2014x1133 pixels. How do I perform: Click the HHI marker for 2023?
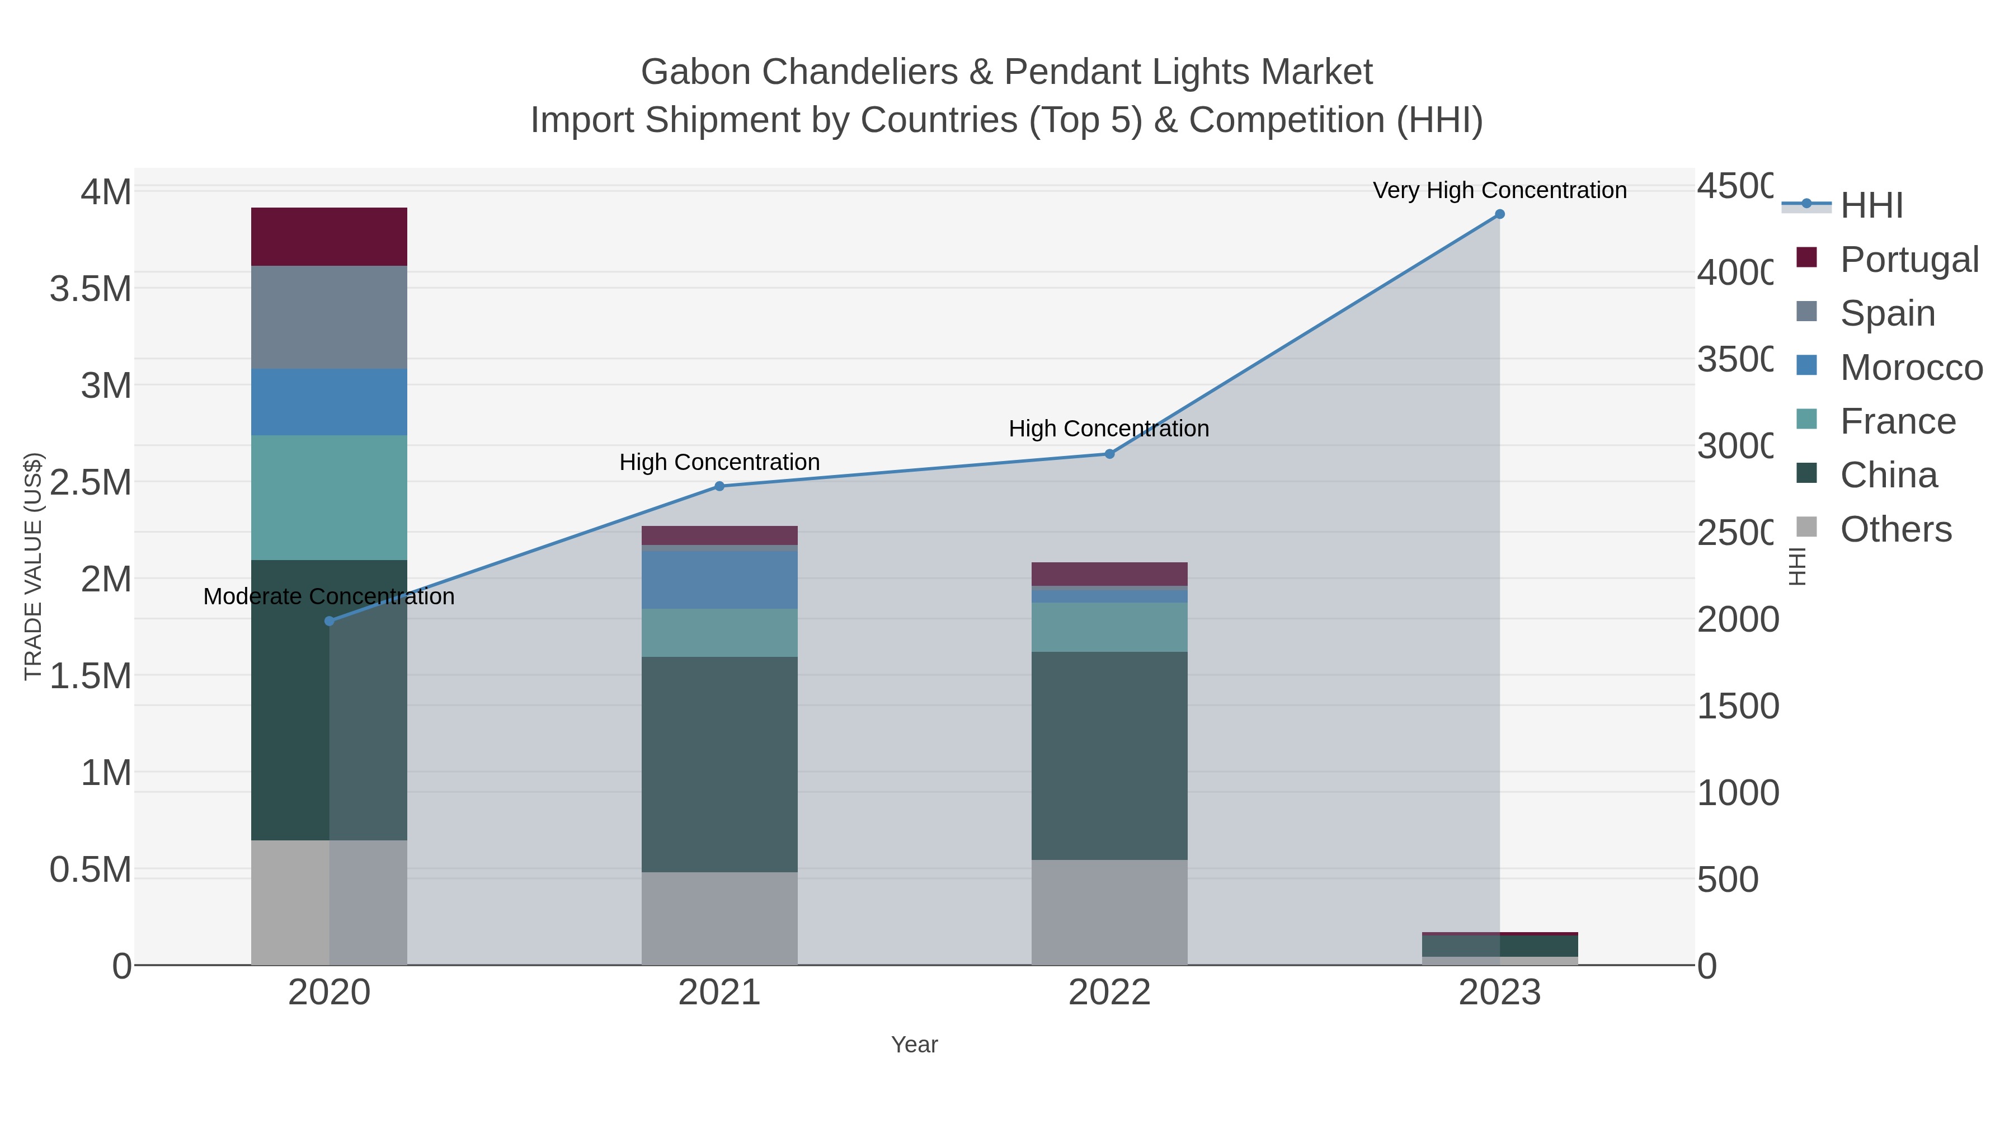pos(1499,214)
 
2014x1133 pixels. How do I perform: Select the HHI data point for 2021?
pos(719,486)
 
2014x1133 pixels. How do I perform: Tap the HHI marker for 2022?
pos(1109,454)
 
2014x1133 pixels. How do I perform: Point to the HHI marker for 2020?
pos(329,621)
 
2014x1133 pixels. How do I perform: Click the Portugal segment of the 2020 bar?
pos(329,237)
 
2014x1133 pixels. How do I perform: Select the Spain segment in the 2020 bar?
pos(329,317)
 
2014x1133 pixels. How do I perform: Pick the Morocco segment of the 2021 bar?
pos(719,580)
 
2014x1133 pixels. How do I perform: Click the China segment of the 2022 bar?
pos(1109,755)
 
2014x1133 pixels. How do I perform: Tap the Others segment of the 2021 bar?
pos(719,918)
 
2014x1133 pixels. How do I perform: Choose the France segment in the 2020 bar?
pos(329,497)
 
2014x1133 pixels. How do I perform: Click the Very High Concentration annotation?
pos(1499,191)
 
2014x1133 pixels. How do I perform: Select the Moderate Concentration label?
pos(329,596)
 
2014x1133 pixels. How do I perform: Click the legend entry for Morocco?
pos(1911,368)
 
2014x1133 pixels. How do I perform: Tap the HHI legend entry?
pos(1871,206)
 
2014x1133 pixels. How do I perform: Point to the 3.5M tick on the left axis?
pos(91,289)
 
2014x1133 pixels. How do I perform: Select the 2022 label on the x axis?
pos(1109,993)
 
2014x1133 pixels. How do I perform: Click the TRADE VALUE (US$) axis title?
pos(33,566)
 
